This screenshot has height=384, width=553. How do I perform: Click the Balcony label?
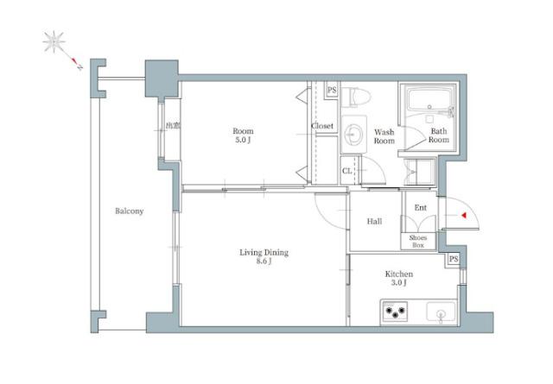click(x=129, y=211)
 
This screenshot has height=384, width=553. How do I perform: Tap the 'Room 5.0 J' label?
click(x=243, y=135)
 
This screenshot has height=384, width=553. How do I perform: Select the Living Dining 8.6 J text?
click(x=264, y=256)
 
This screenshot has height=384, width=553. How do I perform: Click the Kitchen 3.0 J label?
click(x=399, y=278)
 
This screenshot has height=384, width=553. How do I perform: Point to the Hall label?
click(x=374, y=221)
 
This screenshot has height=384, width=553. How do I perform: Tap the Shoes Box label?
click(x=418, y=242)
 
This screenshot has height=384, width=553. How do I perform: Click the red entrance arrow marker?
click(x=464, y=215)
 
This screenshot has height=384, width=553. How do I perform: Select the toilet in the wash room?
click(x=356, y=97)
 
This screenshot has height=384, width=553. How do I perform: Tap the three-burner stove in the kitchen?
click(x=395, y=312)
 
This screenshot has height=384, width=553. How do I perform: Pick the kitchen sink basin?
click(x=441, y=312)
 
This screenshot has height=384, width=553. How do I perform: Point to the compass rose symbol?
click(x=54, y=42)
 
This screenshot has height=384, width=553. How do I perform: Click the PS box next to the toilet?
click(x=332, y=91)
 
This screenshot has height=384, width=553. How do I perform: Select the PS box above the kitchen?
click(x=454, y=259)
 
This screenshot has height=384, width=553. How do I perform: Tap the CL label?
click(x=346, y=171)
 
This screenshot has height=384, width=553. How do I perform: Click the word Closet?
click(x=322, y=126)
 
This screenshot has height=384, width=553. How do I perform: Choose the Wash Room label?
click(x=384, y=136)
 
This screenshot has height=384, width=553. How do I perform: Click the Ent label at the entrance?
click(x=421, y=207)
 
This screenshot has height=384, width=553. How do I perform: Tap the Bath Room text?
click(x=439, y=135)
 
